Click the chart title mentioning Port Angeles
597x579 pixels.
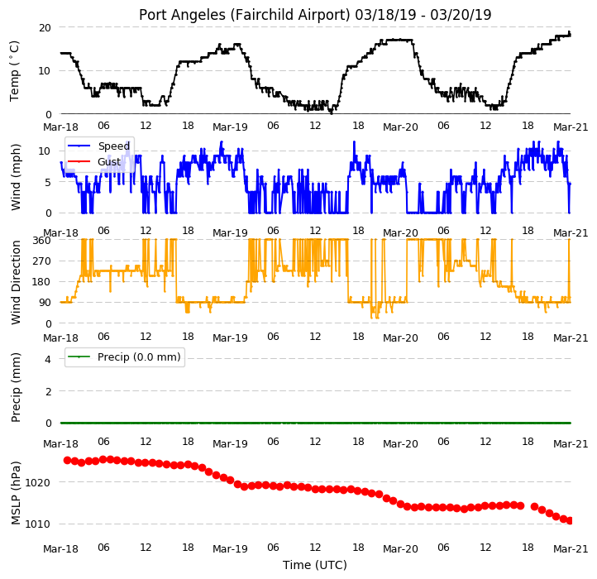(315, 15)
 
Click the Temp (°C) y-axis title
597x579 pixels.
(14, 71)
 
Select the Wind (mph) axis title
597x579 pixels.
(15, 177)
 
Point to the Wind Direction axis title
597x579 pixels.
(15, 282)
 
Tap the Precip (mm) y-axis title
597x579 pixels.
(15, 387)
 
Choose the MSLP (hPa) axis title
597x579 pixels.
(15, 493)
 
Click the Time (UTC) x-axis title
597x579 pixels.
(315, 564)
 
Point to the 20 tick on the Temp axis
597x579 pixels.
(45, 28)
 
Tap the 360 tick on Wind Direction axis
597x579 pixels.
(41, 241)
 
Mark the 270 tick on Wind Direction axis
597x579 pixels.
(41, 261)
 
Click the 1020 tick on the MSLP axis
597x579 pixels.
(37, 483)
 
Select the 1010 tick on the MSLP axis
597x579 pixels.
(37, 524)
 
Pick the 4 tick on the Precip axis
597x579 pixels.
(48, 359)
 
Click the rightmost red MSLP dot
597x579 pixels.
(570, 521)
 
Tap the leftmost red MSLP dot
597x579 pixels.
(68, 460)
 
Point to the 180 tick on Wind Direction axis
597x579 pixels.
(41, 282)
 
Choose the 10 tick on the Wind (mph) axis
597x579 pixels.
(45, 151)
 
